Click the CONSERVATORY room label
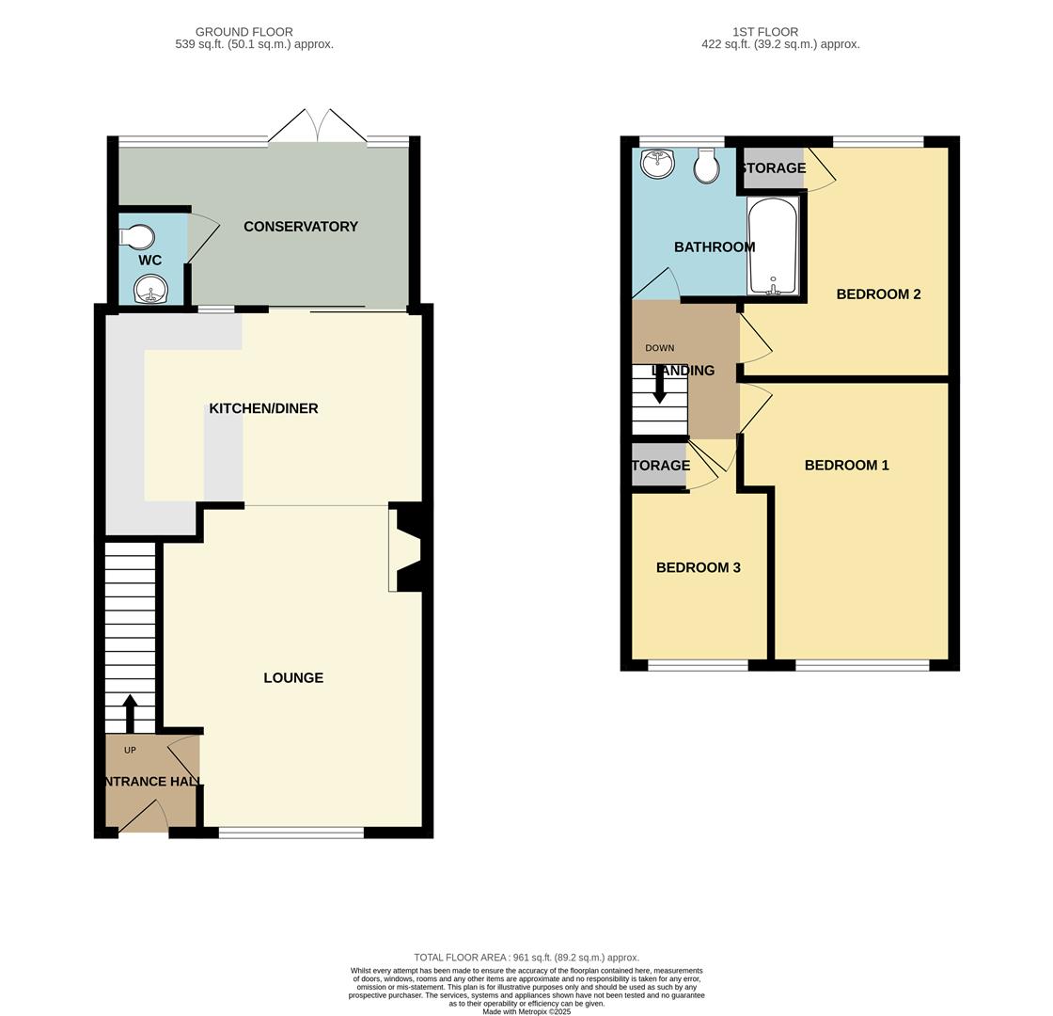(301, 227)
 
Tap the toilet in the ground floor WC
(138, 236)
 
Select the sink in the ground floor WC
(150, 289)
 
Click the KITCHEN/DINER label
(263, 408)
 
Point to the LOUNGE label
(293, 678)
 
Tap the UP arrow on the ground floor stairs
(130, 713)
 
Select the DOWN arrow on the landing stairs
(660, 385)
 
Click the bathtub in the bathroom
(773, 246)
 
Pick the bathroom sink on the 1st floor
(657, 164)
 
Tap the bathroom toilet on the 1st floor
(706, 167)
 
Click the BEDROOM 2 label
(878, 294)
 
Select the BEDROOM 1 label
(846, 466)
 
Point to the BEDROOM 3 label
(698, 568)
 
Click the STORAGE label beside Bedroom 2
(773, 168)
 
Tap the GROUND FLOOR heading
(244, 32)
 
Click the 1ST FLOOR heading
(765, 32)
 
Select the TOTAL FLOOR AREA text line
(526, 958)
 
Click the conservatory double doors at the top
(318, 127)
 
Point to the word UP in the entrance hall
(130, 750)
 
